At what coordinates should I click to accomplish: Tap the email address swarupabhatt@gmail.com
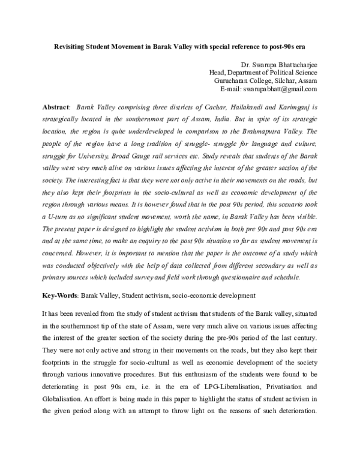278,89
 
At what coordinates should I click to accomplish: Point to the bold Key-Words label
60,296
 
